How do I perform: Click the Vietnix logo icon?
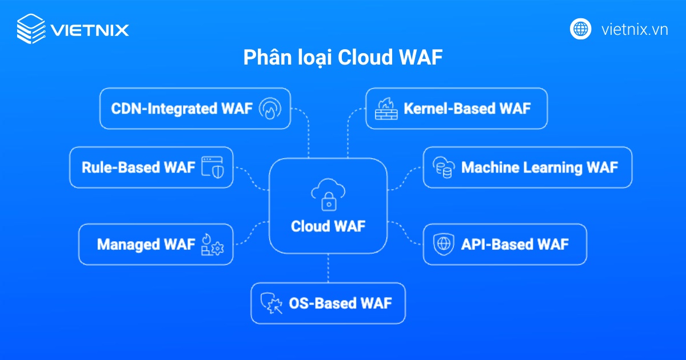point(31,29)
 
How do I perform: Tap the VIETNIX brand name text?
point(90,29)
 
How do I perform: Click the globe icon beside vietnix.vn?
point(580,29)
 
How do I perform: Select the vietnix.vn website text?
point(635,29)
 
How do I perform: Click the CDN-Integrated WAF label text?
point(181,109)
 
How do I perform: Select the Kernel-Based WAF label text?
point(467,108)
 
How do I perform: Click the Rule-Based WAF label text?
point(138,167)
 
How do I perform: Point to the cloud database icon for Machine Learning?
point(443,167)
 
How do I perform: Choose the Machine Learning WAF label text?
point(539,167)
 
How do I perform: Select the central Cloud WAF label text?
point(328,226)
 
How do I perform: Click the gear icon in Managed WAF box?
point(217,248)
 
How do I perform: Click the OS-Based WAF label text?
point(340,303)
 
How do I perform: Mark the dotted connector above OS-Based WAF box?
point(328,268)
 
